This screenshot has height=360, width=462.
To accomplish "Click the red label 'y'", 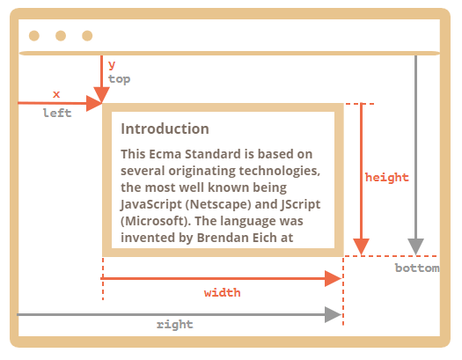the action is click(112, 65).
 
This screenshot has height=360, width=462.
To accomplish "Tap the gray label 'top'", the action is click(119, 79).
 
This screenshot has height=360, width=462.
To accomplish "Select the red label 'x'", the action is click(56, 94).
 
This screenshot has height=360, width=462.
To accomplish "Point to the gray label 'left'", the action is click(57, 113).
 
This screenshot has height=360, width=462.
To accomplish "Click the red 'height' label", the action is click(387, 177).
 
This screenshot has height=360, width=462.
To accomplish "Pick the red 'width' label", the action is click(222, 292).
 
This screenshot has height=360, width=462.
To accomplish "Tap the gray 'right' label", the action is click(175, 325).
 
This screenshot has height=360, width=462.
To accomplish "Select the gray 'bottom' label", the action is click(417, 268).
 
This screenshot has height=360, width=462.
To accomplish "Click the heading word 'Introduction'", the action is click(165, 129).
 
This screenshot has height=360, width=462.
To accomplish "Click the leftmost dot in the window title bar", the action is click(34, 35).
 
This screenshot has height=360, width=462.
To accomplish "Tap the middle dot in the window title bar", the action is click(61, 35).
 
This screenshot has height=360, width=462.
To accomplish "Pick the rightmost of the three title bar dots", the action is click(87, 35).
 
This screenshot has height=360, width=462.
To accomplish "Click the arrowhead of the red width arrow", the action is click(333, 278).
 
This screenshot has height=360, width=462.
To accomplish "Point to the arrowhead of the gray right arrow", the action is click(333, 314).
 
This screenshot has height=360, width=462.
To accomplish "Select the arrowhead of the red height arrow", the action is click(361, 246).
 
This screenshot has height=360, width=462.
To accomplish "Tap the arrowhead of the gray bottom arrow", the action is click(415, 246).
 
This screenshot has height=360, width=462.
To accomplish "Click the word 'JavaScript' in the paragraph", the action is click(151, 204).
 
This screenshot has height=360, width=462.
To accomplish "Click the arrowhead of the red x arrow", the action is click(94, 103).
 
